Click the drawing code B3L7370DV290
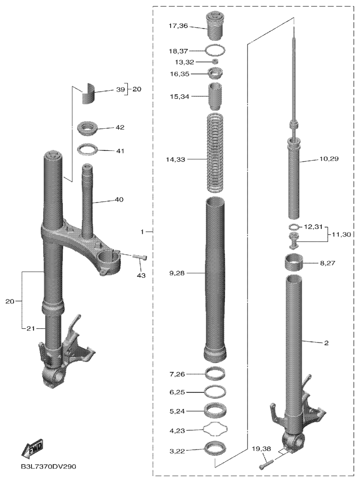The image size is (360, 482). (48, 466)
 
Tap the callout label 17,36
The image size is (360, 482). (178, 26)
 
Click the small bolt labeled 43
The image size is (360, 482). (140, 257)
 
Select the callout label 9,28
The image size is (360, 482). (177, 273)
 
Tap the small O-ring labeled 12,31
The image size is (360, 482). (294, 227)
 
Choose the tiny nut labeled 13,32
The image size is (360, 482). (216, 62)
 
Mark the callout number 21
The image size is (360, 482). (31, 328)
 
